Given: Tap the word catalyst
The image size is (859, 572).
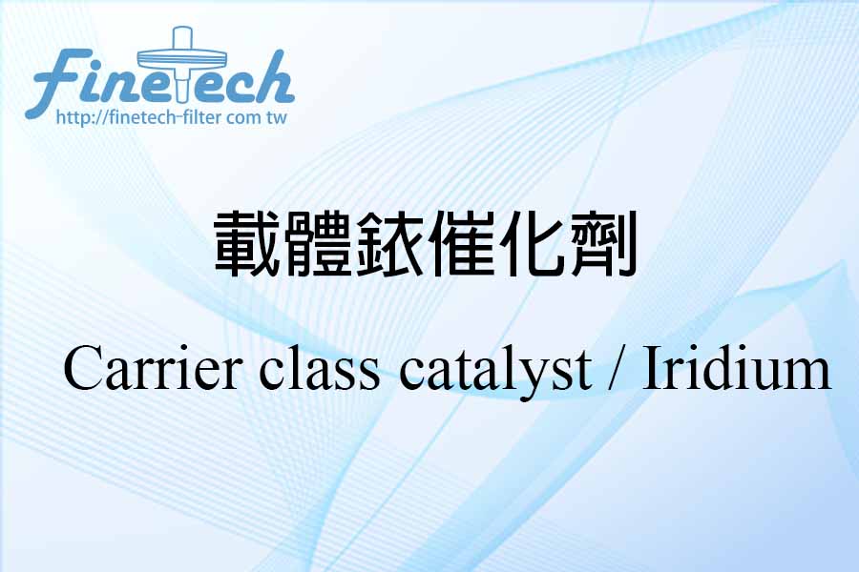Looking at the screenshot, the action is click(495, 373).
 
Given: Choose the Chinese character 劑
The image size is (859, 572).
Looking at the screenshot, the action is click(602, 243).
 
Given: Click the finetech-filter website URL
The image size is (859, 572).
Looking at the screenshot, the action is click(172, 117).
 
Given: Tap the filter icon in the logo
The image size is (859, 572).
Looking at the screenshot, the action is click(182, 63).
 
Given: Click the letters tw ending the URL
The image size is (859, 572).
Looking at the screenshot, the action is click(277, 118).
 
